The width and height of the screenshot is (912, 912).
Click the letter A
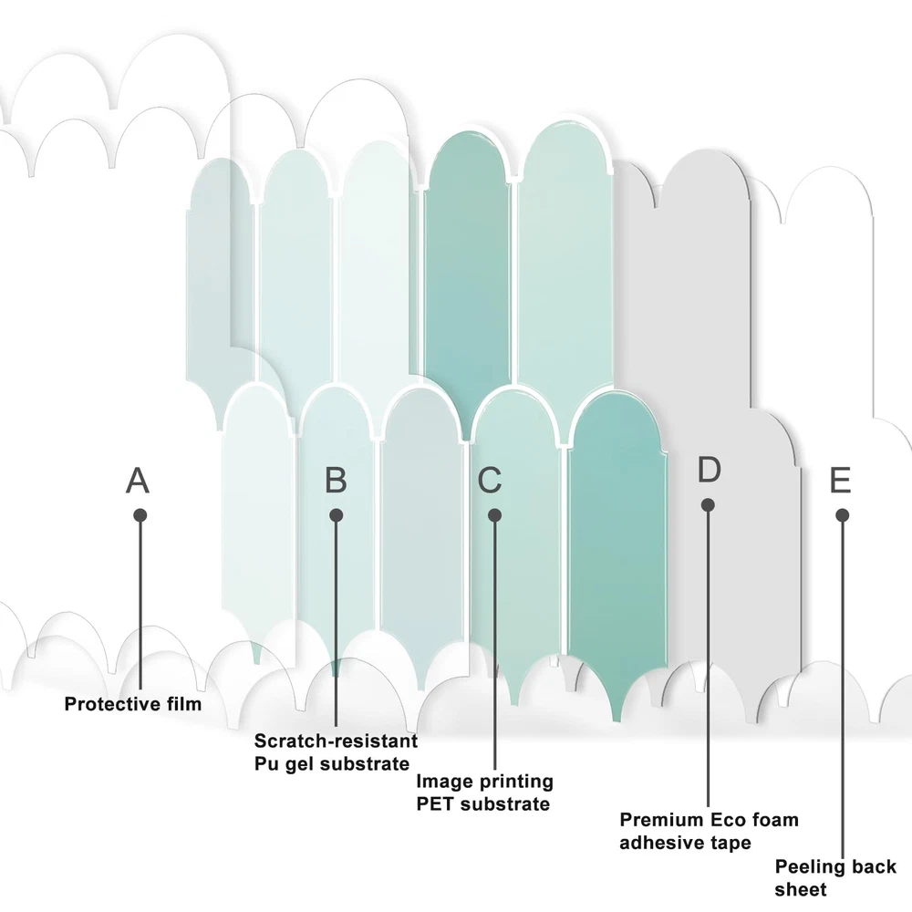click(138, 480)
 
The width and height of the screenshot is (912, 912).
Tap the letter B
click(336, 480)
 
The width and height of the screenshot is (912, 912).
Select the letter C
click(490, 480)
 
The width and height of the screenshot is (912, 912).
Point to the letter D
click(709, 470)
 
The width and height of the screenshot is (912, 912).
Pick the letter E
click(840, 480)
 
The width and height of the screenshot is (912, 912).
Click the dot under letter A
click(140, 515)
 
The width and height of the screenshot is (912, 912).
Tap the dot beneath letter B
click(336, 515)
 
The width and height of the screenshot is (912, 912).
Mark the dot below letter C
click(494, 515)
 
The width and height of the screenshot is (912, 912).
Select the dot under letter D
click(708, 504)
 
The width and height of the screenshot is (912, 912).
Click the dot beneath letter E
click(843, 515)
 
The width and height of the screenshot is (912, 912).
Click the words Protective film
click(133, 704)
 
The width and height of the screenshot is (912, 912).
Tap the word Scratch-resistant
click(336, 741)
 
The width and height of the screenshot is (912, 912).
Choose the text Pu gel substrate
click(332, 763)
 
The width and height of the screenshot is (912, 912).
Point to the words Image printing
click(484, 782)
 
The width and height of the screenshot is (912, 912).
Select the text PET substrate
click(482, 803)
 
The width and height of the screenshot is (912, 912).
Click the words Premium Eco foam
click(709, 820)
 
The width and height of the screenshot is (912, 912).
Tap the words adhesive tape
click(685, 843)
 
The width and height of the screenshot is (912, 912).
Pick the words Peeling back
click(835, 866)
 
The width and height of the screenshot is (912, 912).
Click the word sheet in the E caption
click(801, 889)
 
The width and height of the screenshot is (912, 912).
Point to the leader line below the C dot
click(494, 638)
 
